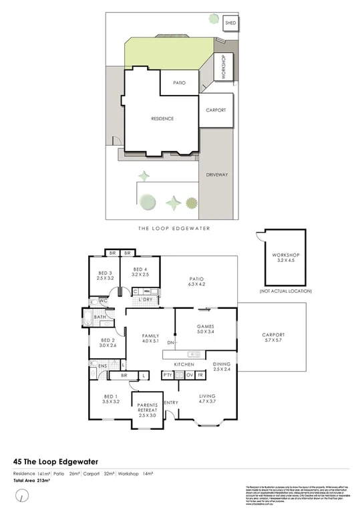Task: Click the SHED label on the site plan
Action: [230, 23]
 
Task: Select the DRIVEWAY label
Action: [218, 175]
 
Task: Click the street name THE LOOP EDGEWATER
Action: [174, 229]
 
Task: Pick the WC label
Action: [104, 302]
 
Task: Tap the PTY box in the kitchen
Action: [168, 375]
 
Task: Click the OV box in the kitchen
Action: [188, 375]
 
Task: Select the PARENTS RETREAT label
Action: [146, 408]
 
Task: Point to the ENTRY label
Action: [171, 402]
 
